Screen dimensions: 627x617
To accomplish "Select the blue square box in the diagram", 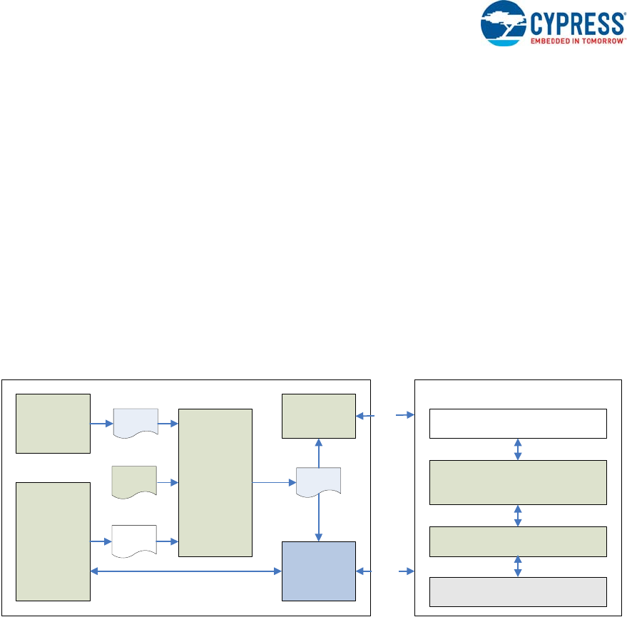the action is point(318,571).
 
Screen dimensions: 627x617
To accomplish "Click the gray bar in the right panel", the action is point(518,591).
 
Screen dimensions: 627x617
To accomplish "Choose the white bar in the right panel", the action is point(518,423).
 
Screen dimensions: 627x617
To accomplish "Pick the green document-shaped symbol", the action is point(135,482).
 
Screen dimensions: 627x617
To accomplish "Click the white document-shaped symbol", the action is point(135,541).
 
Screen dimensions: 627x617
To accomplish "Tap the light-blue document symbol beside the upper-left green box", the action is point(136,424).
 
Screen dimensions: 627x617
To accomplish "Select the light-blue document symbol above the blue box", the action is point(318,483).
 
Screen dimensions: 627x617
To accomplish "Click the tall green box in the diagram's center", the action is point(215,482).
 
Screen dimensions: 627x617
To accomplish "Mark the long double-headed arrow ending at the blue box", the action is point(186,571).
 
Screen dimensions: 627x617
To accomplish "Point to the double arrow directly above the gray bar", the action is point(518,566).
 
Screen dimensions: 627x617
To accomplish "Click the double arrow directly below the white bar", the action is point(518,449).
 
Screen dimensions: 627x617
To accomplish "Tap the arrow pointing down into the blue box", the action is point(318,520).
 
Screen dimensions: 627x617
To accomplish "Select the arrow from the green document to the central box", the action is point(168,482).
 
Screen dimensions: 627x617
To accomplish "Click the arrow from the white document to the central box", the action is point(168,541).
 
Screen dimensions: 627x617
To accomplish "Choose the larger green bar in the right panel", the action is point(518,482).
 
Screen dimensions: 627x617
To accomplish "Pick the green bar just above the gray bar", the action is point(518,541).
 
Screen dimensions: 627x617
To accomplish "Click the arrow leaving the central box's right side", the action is point(274,482).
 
